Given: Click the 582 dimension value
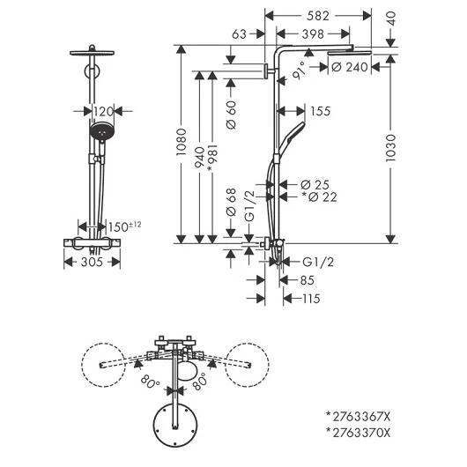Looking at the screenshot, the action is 318,16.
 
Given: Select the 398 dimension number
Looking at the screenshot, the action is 313,34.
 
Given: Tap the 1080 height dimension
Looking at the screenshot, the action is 182,142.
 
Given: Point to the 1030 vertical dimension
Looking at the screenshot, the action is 390,148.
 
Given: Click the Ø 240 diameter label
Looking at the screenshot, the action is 349,67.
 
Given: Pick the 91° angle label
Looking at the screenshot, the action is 299,70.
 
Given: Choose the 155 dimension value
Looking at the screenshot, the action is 321,111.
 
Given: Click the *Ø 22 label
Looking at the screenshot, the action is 319,196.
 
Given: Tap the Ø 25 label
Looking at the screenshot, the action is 315,185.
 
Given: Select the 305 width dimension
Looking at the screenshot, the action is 92,262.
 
